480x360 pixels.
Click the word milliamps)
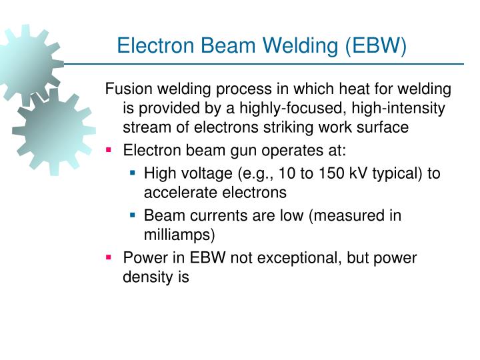click(x=180, y=235)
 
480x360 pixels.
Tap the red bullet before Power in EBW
click(x=109, y=258)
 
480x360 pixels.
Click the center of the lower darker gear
click(x=53, y=130)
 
